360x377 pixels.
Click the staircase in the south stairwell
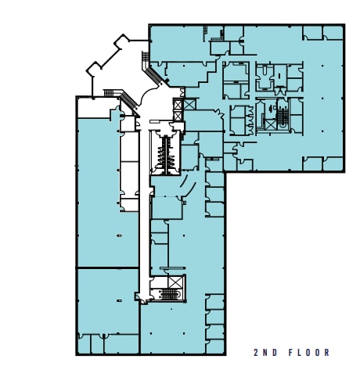click(x=165, y=294)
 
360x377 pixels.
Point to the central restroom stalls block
click(x=164, y=152)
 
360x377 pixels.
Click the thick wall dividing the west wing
click(x=107, y=267)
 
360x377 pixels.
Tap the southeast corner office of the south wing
click(x=214, y=338)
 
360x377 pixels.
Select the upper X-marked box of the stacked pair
click(x=178, y=104)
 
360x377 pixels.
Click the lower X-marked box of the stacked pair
click(x=178, y=116)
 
